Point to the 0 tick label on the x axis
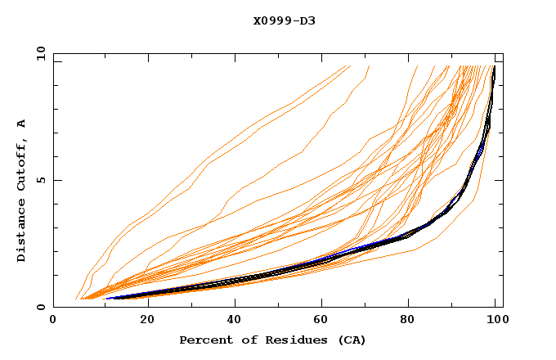(x=53, y=321)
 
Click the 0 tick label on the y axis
(x=41, y=307)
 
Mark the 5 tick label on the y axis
(x=41, y=180)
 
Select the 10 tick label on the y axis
(x=38, y=53)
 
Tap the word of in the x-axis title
(x=244, y=340)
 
